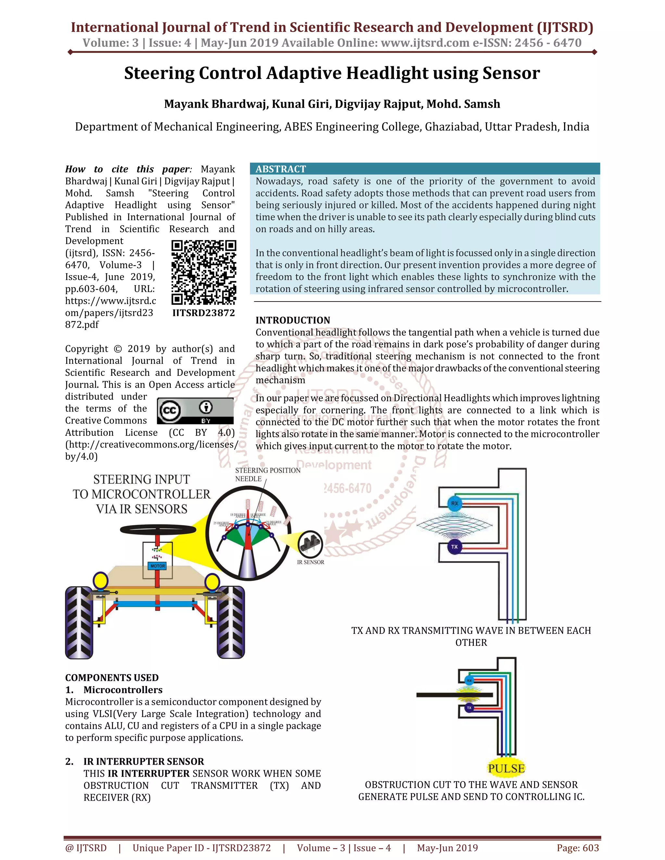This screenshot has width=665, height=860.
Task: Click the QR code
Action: pos(204,273)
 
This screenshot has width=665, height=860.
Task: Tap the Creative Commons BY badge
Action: pos(195,411)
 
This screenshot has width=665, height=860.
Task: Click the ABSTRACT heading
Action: pos(281,169)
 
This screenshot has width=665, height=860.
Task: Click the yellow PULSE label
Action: pos(506,768)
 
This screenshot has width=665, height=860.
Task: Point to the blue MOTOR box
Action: pos(157,566)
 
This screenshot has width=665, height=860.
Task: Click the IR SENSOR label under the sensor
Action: pos(310,562)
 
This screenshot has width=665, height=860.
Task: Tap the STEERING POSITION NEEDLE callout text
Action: pos(268,474)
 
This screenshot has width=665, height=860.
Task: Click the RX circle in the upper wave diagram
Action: pos(455,503)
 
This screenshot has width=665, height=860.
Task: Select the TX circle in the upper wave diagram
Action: pos(455,547)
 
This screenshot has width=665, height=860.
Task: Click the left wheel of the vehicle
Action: pos(79,622)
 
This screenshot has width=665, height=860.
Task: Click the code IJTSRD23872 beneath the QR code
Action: pos(204,313)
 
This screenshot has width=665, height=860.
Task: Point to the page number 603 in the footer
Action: pos(590,848)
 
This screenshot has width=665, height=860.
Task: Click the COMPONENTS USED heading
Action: pos(112,678)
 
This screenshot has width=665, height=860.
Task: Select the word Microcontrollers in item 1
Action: pos(123,690)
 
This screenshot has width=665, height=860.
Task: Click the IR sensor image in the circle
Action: pos(310,544)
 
